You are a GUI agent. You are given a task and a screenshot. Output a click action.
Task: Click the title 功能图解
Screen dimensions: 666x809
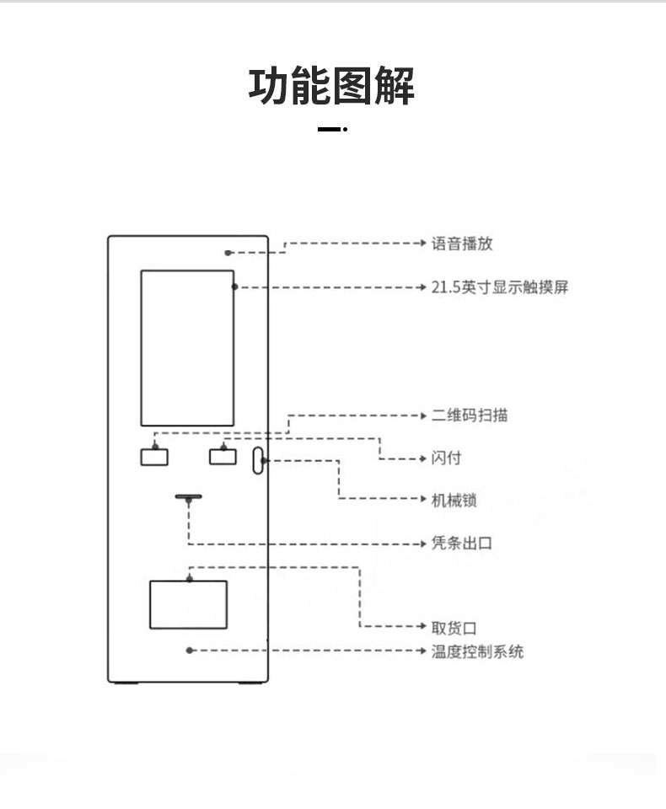331,86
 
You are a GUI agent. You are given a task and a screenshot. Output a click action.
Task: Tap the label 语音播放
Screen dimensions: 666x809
462,244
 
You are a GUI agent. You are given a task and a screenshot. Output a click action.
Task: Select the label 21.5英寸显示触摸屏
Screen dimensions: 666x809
500,287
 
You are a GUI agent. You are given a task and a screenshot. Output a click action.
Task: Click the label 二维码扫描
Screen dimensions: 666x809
470,415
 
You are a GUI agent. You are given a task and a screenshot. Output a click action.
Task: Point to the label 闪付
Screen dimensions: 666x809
447,458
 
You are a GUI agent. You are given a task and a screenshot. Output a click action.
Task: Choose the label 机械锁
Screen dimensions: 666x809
454,500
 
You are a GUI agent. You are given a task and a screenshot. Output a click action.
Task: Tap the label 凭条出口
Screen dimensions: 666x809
462,543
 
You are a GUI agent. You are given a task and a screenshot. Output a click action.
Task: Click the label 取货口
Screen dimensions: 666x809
454,628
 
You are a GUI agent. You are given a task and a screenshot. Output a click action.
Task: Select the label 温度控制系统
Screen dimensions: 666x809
477,651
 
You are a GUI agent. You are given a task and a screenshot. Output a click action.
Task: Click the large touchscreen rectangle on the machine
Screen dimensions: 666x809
187,348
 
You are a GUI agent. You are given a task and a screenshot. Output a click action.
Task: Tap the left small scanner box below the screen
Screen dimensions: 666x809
154,457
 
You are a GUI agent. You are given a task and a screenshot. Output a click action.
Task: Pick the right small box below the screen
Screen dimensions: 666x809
223,457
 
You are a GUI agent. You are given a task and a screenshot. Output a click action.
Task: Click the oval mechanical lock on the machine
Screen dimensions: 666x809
258,461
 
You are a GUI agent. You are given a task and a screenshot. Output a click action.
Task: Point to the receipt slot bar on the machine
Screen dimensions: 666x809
189,497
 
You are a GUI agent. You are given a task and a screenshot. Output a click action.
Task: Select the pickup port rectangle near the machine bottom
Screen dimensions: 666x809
189,605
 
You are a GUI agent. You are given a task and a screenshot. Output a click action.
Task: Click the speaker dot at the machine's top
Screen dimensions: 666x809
228,253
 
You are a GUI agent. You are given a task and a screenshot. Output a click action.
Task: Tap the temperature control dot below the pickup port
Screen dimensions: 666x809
190,651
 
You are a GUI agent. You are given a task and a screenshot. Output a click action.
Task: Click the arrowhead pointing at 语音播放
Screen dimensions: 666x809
423,243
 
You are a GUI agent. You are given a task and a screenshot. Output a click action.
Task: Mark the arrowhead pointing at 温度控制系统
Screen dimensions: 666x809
423,651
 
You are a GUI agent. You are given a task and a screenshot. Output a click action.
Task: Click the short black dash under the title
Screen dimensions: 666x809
329,129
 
